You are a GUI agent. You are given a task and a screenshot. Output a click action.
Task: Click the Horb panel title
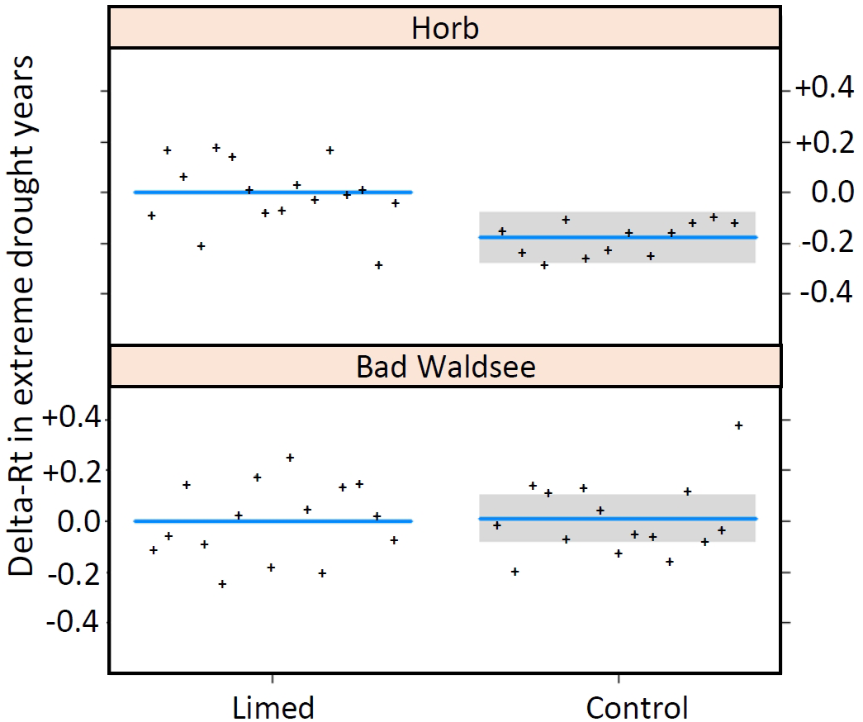445,29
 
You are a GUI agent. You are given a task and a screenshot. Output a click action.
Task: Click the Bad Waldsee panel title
445,367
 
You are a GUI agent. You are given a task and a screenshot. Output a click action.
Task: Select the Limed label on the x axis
273,708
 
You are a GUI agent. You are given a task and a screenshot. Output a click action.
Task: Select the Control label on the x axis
637,708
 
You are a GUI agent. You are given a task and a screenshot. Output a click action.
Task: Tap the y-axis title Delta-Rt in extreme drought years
23,316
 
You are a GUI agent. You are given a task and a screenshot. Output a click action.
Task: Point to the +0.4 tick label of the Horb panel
823,89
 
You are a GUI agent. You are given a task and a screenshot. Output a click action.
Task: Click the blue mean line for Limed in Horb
273,192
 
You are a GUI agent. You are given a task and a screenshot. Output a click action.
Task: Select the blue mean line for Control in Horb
618,237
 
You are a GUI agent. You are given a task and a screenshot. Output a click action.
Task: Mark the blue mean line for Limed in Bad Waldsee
273,520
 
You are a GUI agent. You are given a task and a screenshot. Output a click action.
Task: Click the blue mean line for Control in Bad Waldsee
618,519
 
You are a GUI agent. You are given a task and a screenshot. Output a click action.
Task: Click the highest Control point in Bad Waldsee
738,425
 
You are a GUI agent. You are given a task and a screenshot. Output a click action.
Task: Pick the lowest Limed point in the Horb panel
378,265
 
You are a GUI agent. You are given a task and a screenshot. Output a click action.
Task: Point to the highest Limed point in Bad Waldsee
290,458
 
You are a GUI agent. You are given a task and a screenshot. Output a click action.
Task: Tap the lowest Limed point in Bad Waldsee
222,584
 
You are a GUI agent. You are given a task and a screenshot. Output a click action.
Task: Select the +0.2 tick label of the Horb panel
823,141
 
